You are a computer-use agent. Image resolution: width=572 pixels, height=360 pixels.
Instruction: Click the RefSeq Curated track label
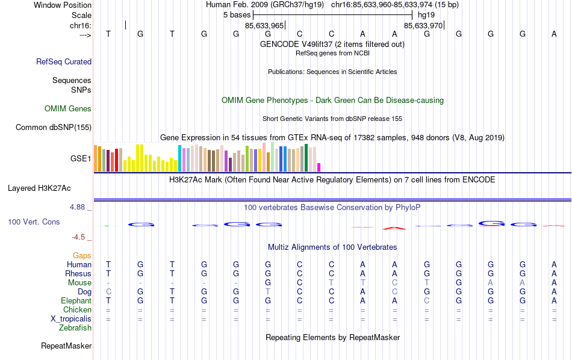(64, 61)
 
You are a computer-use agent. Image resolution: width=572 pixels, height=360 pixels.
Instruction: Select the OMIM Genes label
(68, 109)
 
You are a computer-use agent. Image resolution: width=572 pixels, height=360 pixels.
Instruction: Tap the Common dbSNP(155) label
(54, 127)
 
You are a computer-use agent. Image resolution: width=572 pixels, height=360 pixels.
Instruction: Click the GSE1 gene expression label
(81, 159)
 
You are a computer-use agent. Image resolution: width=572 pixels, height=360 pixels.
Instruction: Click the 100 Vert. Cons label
(34, 222)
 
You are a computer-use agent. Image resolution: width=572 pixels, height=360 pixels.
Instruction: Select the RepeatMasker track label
(66, 346)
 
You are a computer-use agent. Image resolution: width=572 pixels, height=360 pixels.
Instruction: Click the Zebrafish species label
(75, 328)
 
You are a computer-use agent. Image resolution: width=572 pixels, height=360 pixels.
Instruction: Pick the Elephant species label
(76, 301)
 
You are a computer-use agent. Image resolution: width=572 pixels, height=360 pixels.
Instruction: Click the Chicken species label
(77, 310)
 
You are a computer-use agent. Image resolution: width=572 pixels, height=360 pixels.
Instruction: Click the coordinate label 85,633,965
(264, 26)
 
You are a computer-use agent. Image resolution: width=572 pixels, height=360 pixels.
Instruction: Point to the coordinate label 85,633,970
(423, 26)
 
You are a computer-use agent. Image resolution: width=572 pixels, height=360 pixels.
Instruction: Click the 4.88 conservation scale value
(79, 207)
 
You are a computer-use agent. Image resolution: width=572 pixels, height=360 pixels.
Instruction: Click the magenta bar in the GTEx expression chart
(319, 167)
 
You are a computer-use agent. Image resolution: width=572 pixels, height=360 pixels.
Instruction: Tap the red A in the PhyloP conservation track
(394, 228)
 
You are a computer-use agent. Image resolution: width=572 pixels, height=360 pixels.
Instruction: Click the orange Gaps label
(82, 256)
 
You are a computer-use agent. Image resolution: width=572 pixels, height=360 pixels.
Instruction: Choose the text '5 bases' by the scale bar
(237, 14)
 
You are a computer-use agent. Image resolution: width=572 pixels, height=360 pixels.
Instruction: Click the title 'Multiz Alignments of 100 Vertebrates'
(332, 247)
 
